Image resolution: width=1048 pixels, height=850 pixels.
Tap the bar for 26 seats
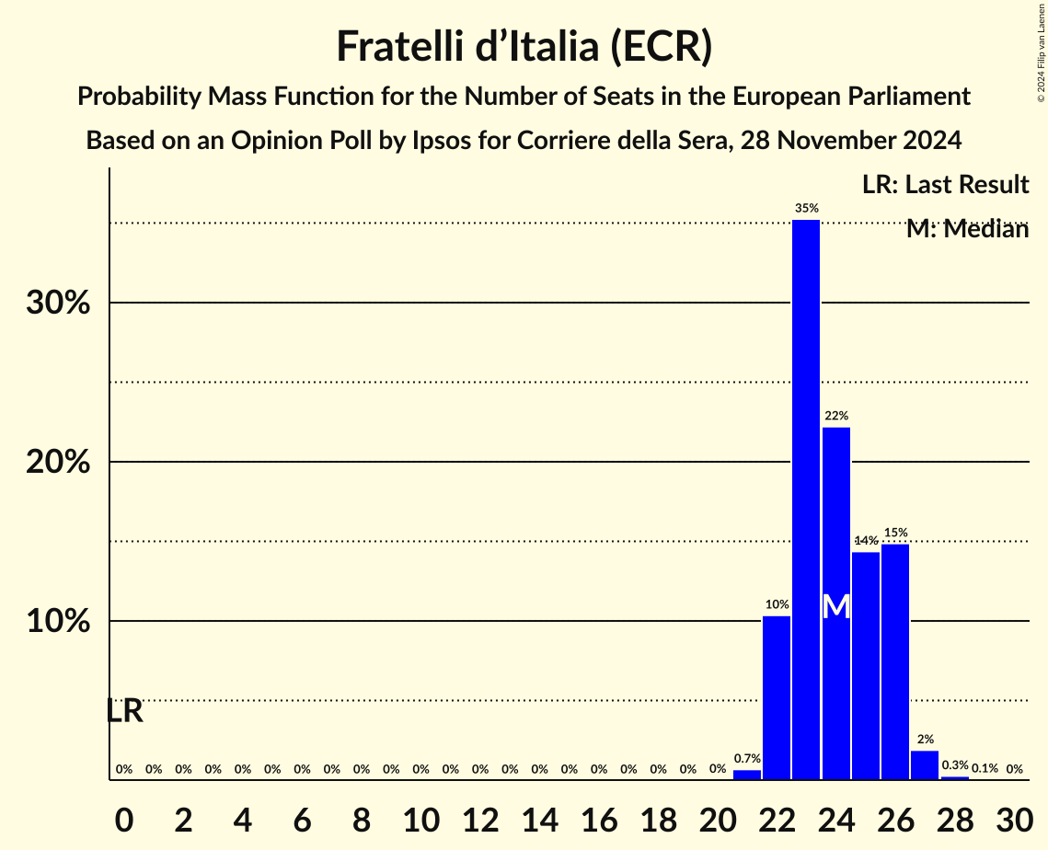pos(895,661)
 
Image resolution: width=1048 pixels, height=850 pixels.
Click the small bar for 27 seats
pos(925,765)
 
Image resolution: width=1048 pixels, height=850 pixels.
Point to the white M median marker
pos(835,606)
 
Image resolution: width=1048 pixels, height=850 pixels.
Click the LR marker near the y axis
pos(124,711)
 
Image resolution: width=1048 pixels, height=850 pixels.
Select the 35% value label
pos(806,209)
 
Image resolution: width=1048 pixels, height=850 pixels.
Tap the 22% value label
pos(835,416)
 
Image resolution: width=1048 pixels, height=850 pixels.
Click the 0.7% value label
pos(747,759)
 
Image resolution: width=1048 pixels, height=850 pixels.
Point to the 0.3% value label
pos(955,765)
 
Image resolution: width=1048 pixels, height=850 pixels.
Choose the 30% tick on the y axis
pos(58,303)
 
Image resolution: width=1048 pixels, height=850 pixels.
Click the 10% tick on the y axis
pos(58,621)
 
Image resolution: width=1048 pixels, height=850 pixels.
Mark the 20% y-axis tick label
pos(58,462)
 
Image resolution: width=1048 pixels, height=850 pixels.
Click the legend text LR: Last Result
pos(945,185)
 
